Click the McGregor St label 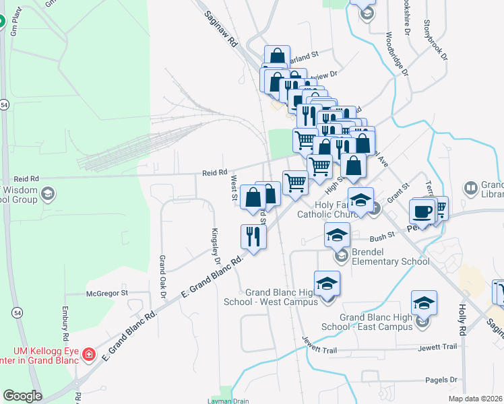[106, 294]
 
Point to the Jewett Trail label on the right [437, 347]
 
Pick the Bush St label [381, 238]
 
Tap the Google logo [22, 396]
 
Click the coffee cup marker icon [422, 211]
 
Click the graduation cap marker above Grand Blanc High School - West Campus [327, 284]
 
